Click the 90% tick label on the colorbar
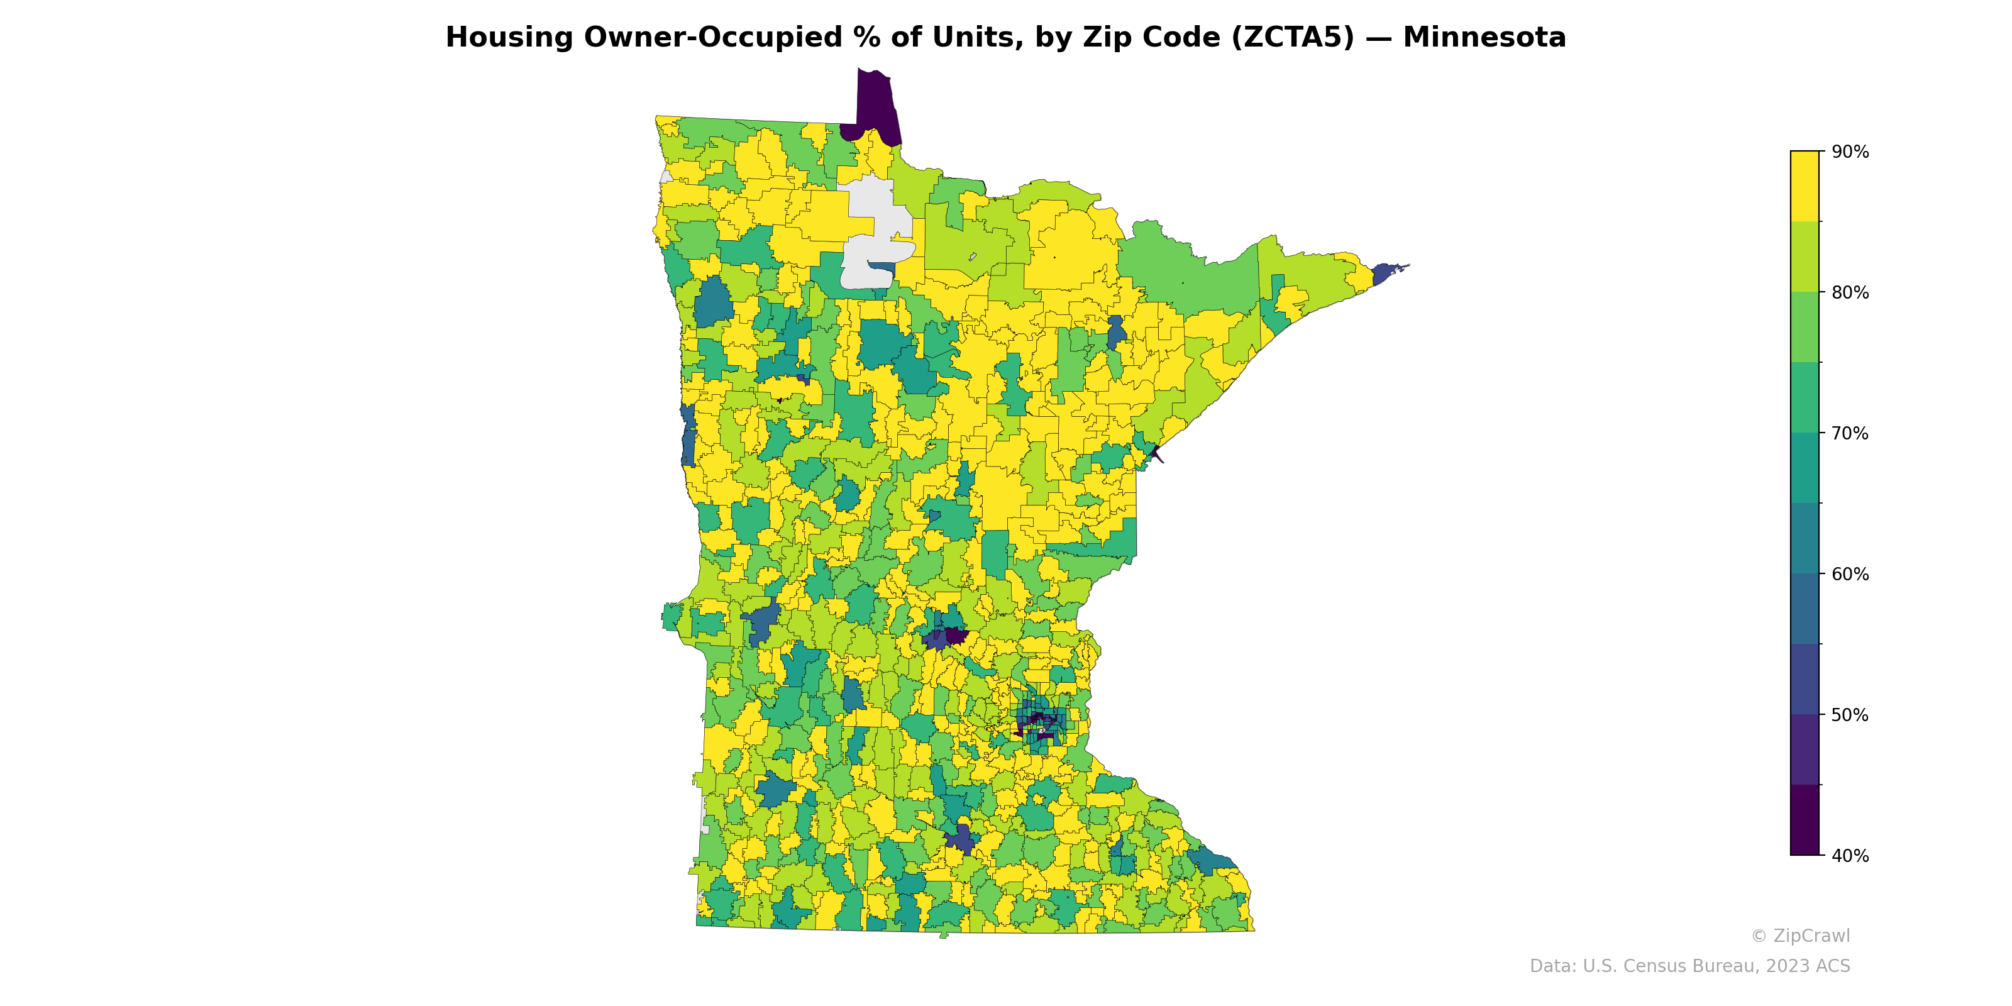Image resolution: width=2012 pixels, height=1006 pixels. click(1850, 152)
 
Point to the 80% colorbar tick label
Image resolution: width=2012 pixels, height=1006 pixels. click(1850, 293)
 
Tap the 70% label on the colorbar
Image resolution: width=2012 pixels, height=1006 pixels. click(1850, 433)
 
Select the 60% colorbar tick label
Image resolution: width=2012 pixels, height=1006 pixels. click(1850, 574)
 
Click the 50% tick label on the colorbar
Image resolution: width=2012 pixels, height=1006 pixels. click(1850, 715)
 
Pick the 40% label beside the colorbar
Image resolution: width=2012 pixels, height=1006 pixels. click(1850, 855)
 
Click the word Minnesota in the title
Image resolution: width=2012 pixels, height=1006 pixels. click(1484, 38)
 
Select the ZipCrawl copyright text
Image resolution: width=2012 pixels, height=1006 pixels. click(1800, 936)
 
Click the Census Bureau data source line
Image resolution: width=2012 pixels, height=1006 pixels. click(1689, 966)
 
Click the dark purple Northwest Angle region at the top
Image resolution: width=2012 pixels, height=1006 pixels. click(876, 106)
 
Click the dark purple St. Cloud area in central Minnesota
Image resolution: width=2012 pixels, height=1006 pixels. click(954, 635)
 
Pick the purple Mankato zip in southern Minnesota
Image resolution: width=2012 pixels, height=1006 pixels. click(961, 839)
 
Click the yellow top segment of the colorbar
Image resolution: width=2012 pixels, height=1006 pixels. click(1805, 186)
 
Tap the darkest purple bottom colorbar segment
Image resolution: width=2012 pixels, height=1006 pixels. click(1805, 820)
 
